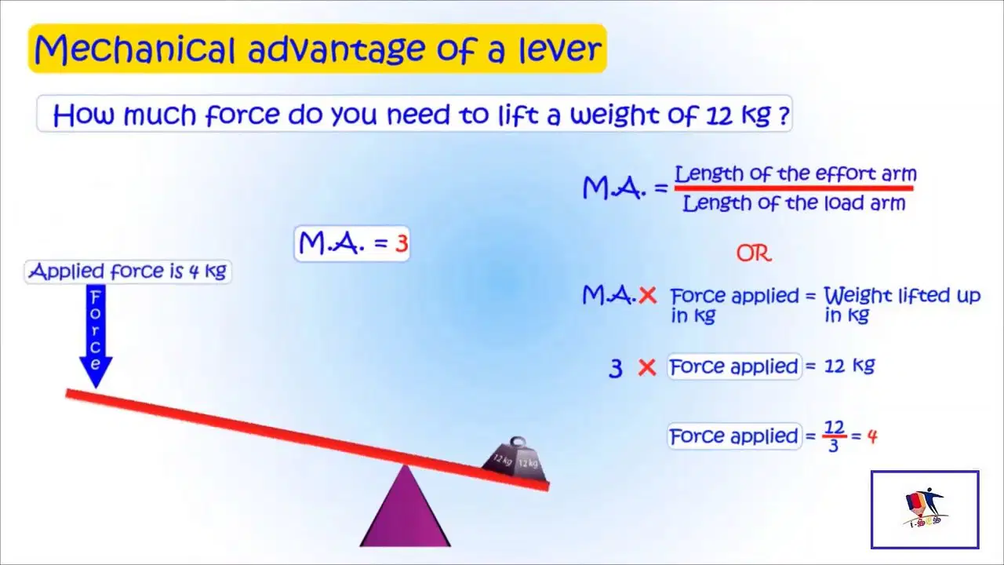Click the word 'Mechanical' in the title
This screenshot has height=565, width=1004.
(134, 49)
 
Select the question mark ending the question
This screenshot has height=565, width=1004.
(784, 116)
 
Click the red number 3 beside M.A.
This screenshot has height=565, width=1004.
(402, 244)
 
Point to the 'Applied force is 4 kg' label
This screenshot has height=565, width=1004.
(128, 272)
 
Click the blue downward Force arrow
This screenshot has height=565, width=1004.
(96, 335)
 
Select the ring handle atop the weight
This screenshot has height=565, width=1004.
(518, 442)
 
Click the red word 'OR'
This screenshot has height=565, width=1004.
(754, 253)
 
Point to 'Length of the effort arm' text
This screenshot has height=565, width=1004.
(795, 173)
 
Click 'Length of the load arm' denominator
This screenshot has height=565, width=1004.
(794, 203)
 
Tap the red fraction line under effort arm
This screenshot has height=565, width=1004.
(794, 188)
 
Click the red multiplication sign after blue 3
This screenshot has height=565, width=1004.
(647, 368)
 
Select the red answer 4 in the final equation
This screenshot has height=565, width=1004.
(872, 436)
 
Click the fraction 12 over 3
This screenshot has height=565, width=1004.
(834, 436)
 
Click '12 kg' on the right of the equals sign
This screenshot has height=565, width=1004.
(849, 366)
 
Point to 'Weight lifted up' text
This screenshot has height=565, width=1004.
(902, 296)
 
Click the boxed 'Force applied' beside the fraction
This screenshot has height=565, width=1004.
(734, 436)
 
